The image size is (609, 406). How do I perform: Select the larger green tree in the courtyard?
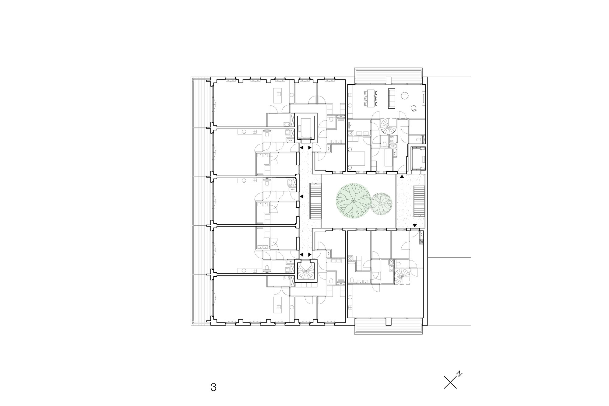tap(353, 201)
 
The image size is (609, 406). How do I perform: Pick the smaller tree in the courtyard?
tap(382, 204)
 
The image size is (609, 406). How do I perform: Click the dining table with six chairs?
tap(371, 98)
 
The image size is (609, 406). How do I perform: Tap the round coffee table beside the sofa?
tap(405, 96)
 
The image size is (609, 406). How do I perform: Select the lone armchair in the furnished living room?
tap(414, 108)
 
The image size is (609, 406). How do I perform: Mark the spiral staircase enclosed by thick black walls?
tap(306, 271)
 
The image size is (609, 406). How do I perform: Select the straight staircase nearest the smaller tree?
tap(418, 201)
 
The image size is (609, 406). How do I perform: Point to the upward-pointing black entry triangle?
tap(402, 177)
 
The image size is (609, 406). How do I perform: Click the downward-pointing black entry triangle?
tap(415, 226)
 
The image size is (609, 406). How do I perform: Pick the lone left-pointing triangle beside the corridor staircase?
tap(302, 197)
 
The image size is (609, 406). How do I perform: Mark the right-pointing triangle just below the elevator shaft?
tap(310, 148)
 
